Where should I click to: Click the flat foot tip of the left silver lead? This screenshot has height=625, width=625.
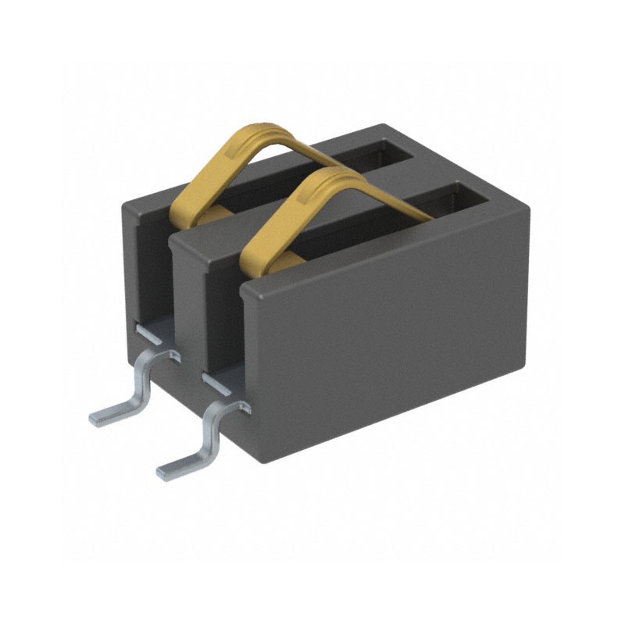(105, 416)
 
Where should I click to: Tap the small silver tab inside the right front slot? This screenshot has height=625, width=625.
(216, 383)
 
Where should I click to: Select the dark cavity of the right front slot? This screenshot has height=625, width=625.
(223, 328)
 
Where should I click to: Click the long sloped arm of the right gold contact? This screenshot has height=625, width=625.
(383, 195)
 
